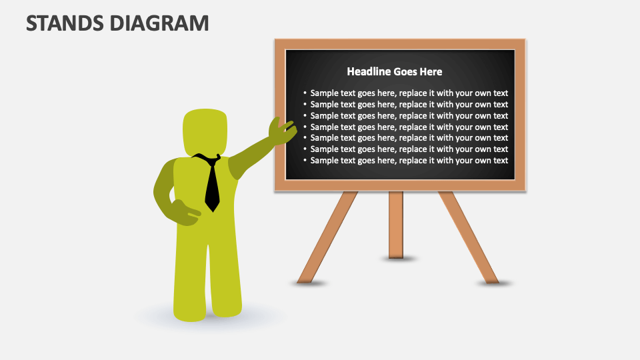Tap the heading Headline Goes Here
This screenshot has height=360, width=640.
click(x=394, y=71)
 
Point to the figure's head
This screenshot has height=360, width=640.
click(x=205, y=133)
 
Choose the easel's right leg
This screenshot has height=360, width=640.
click(x=468, y=237)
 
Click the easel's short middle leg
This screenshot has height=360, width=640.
click(x=396, y=223)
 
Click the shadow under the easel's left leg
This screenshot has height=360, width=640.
click(x=309, y=283)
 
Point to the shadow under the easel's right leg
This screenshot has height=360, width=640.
click(x=495, y=283)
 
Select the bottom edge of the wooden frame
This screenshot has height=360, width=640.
click(x=400, y=186)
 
